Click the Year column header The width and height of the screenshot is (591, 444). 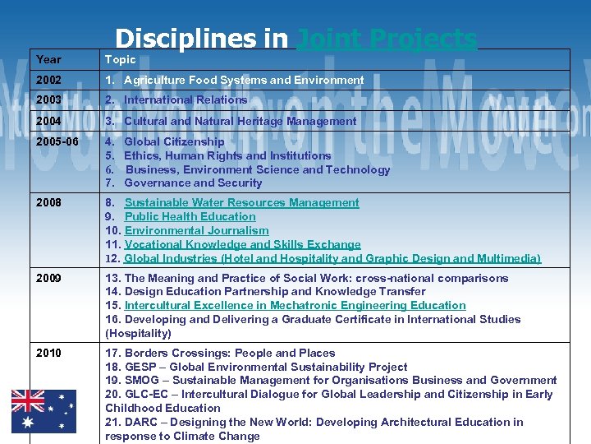pyautogui.click(x=48, y=59)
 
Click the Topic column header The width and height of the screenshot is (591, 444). pyautogui.click(x=120, y=59)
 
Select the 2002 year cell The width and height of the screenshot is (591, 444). pyautogui.click(x=49, y=80)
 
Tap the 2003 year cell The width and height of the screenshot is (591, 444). pyautogui.click(x=49, y=99)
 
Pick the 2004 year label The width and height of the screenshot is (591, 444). pyautogui.click(x=49, y=121)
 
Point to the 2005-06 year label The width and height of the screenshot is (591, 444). pyautogui.click(x=57, y=141)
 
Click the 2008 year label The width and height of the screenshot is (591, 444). pyautogui.click(x=49, y=202)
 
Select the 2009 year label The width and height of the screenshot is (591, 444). pyautogui.click(x=49, y=278)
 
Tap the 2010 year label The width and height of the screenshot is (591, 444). pyautogui.click(x=49, y=353)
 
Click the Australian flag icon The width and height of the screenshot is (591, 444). pyautogui.click(x=44, y=411)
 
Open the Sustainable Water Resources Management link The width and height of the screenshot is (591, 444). pyautogui.click(x=241, y=202)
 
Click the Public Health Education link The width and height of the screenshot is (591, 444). pyautogui.click(x=190, y=216)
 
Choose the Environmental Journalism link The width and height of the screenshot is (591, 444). pyautogui.click(x=196, y=231)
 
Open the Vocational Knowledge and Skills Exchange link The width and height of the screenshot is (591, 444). pyautogui.click(x=242, y=244)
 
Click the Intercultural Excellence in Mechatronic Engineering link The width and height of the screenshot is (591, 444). pyautogui.click(x=295, y=305)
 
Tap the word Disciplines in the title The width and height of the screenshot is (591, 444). pyautogui.click(x=201, y=39)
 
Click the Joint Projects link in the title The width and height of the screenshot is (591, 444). pyautogui.click(x=386, y=39)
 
